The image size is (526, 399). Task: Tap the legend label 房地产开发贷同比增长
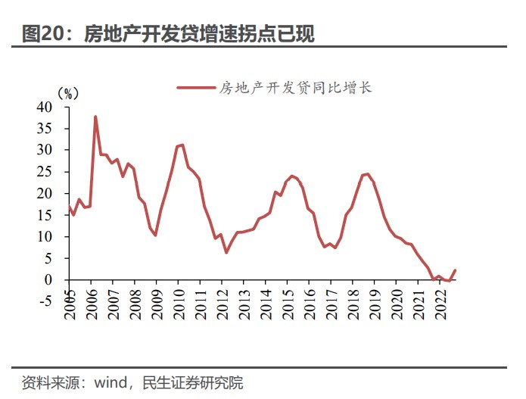coord(296,88)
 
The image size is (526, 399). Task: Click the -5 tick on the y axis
coord(45,301)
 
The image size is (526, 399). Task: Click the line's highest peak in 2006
coord(95,117)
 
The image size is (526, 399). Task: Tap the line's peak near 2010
coord(182,145)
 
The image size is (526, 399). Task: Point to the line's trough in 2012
coord(226,252)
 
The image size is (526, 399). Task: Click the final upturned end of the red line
coord(455,270)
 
